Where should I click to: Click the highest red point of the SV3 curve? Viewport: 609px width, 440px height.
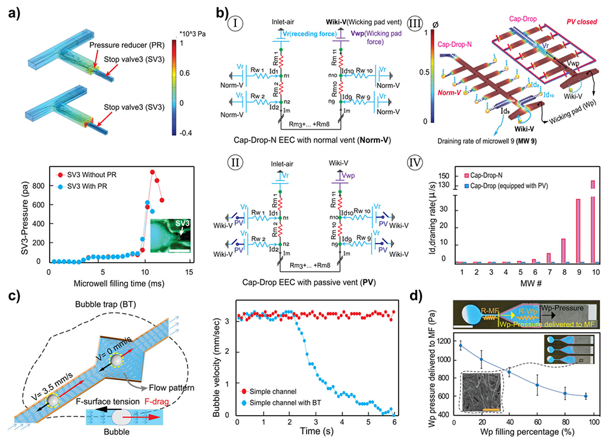click(152, 172)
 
